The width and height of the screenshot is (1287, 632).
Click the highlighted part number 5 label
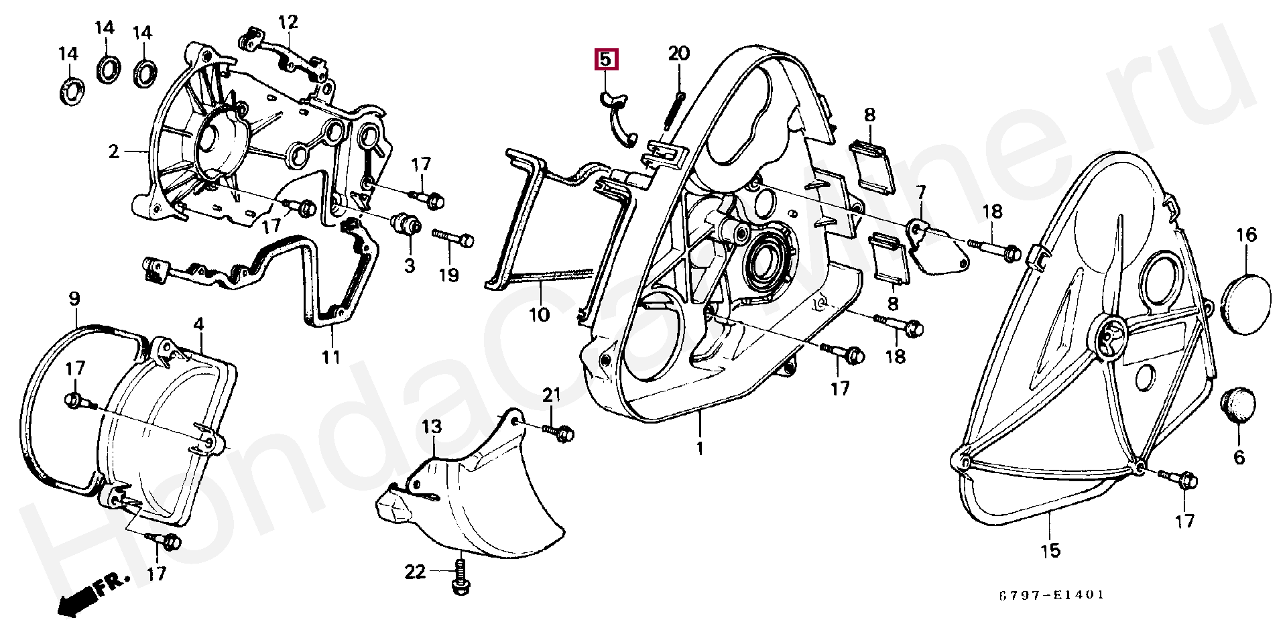605,59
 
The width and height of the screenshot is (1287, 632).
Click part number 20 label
678,53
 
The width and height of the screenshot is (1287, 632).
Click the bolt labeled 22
461,578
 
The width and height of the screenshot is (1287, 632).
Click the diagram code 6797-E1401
1050,594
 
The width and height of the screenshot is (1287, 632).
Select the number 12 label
288,23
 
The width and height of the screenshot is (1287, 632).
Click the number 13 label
432,426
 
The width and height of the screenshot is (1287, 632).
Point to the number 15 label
1050,551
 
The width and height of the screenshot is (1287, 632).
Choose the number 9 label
74,299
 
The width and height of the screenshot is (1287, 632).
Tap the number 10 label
539,314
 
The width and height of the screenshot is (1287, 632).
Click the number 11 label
331,357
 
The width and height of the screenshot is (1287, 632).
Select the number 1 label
700,448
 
